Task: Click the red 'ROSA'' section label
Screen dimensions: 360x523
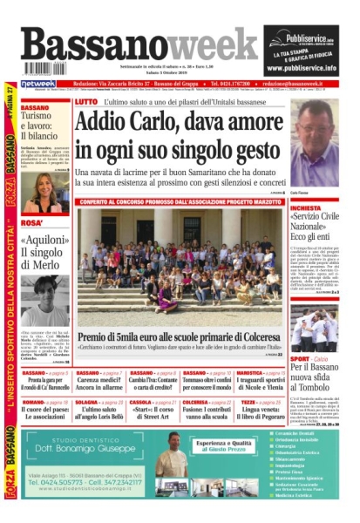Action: pos(31,224)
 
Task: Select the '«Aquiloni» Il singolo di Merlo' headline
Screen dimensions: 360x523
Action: pos(44,252)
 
